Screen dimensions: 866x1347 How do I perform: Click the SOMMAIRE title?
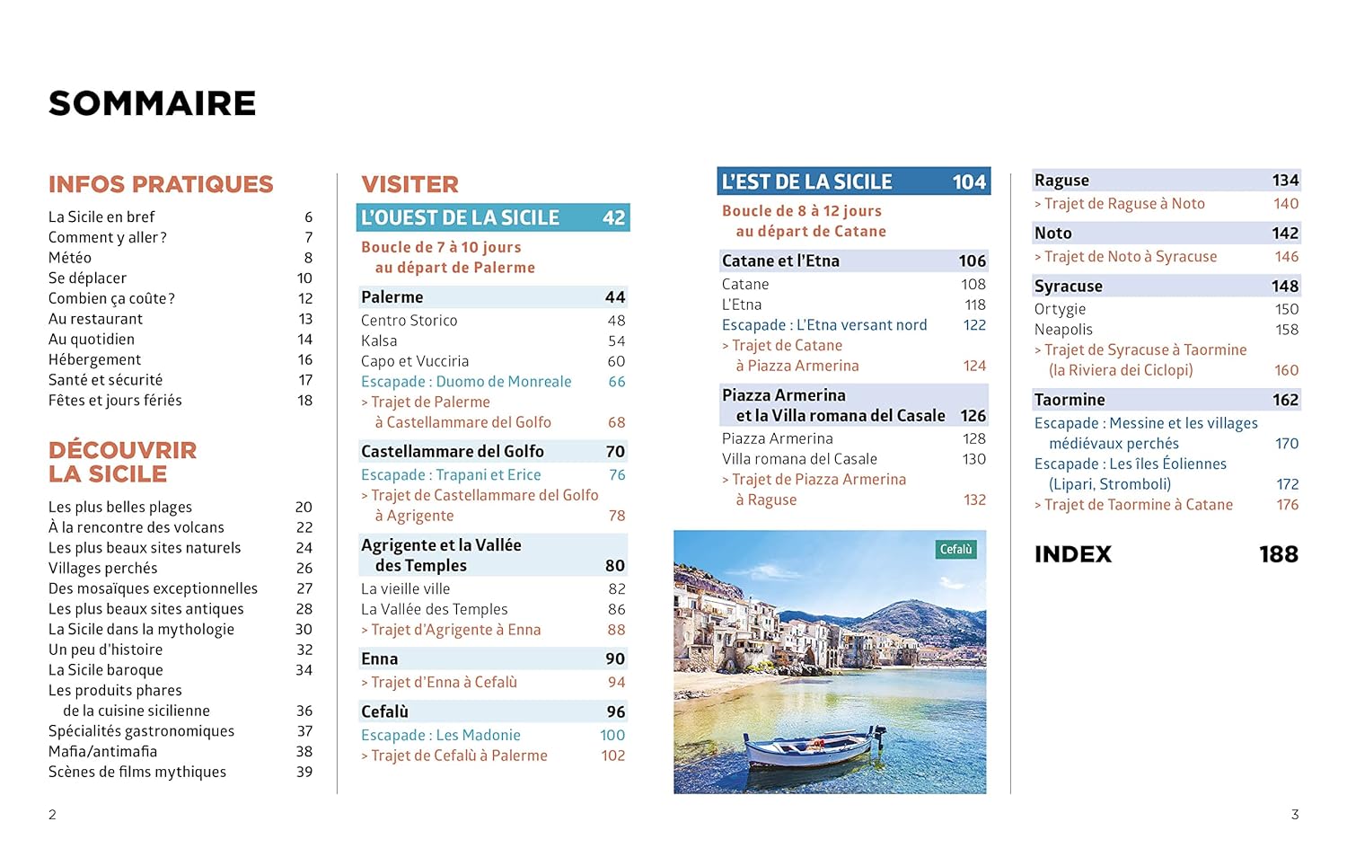152,103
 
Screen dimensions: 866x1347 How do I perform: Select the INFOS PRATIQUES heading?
161,184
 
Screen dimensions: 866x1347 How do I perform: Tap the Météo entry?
70,258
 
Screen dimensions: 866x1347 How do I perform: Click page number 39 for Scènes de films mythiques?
304,772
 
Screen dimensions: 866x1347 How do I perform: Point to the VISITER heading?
409,184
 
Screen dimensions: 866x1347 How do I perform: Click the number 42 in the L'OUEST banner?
613,217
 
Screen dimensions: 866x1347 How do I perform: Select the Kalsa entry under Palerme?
379,340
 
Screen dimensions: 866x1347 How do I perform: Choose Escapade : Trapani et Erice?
451,474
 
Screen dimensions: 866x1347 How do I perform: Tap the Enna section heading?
379,658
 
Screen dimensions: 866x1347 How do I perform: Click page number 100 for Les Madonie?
612,735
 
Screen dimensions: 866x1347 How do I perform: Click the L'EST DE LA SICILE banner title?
806,181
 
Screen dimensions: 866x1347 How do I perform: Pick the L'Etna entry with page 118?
742,305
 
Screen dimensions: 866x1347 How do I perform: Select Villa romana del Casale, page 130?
799,459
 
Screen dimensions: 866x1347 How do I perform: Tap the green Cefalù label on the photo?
955,549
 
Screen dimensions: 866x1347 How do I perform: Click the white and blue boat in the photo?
807,745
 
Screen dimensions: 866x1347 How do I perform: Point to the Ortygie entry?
1060,309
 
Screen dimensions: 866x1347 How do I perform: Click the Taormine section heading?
1070,400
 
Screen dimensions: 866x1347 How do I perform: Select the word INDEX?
1073,554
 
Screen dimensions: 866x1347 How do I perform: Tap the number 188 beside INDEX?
1278,554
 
